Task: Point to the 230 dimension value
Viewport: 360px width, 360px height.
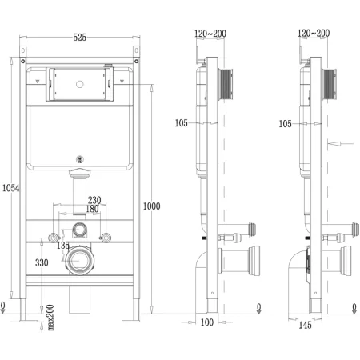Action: point(94,201)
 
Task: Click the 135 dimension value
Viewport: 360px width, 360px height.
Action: point(62,246)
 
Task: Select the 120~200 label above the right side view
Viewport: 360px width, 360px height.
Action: point(312,34)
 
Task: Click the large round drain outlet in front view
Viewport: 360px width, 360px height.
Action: point(79,260)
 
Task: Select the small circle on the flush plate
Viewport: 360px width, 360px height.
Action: point(79,82)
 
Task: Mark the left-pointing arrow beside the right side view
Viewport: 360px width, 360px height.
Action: point(340,144)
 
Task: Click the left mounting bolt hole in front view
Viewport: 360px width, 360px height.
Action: point(53,238)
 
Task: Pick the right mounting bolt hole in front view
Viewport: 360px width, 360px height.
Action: point(105,238)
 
